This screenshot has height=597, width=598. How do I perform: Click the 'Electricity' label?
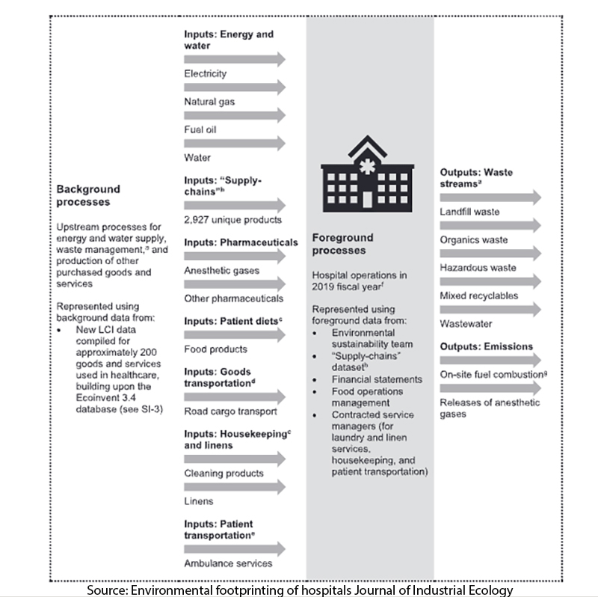click(x=205, y=73)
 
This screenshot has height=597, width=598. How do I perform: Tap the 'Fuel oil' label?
click(x=200, y=129)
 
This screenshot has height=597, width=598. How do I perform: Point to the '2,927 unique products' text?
click(x=232, y=220)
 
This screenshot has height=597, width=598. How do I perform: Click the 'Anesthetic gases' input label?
click(x=221, y=270)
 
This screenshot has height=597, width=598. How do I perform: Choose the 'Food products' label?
click(x=215, y=349)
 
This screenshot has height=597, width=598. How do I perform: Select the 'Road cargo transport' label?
click(x=230, y=411)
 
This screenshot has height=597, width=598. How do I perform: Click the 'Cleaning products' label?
click(x=224, y=473)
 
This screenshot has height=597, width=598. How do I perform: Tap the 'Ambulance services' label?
click(x=228, y=563)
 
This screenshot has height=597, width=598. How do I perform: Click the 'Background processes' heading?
click(x=88, y=195)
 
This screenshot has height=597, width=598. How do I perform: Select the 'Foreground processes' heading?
click(x=344, y=244)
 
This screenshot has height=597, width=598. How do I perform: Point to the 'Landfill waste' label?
click(x=469, y=212)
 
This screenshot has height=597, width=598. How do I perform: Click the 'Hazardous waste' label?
click(x=478, y=268)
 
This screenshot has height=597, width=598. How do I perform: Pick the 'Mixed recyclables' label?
click(x=479, y=296)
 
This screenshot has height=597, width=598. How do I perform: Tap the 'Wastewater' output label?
click(x=465, y=324)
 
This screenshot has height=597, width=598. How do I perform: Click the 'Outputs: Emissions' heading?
click(x=486, y=346)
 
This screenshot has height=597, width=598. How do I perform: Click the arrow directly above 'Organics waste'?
click(x=490, y=225)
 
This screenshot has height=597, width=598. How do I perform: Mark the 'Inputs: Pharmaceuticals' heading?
click(x=241, y=242)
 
